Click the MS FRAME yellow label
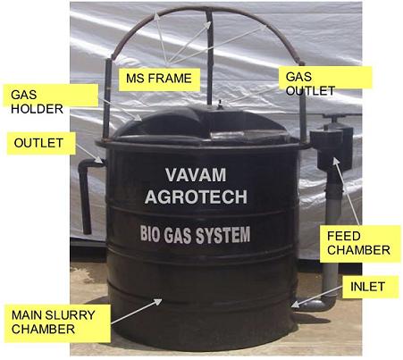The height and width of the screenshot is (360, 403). [159, 80]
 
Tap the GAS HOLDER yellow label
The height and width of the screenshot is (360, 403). [51, 96]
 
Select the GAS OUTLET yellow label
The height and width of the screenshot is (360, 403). [325, 78]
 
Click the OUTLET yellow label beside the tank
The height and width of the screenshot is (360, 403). [41, 143]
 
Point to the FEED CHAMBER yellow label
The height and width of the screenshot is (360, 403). [360, 244]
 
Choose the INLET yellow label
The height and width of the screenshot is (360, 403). [370, 287]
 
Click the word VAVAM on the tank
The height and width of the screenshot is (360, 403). [196, 175]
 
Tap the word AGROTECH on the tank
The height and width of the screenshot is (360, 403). [196, 197]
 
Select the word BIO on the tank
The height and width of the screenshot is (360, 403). [151, 235]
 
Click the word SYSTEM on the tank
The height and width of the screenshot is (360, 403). [222, 235]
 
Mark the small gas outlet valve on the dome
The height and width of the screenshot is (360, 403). [220, 105]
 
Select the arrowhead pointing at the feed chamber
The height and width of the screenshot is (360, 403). [335, 161]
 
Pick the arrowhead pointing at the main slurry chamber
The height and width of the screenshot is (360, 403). [157, 302]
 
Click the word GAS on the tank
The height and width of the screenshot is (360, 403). [179, 235]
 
